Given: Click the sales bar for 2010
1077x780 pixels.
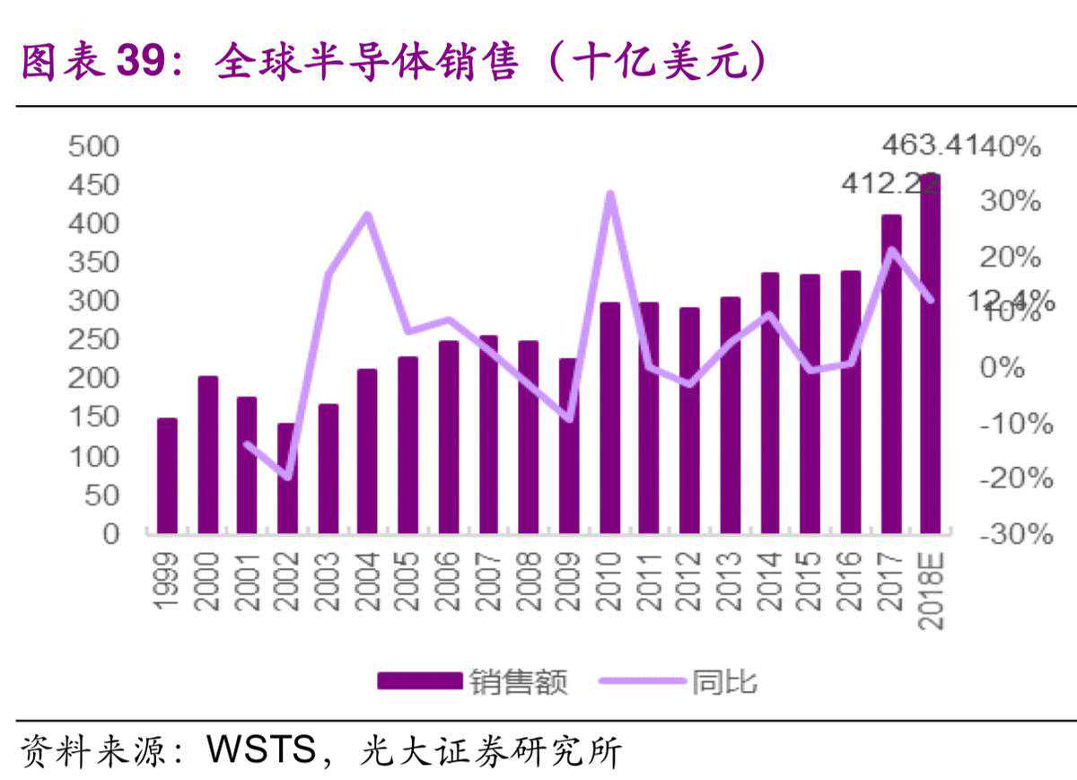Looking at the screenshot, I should pos(610,418).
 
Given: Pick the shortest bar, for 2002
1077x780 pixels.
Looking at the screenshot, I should pos(287,478).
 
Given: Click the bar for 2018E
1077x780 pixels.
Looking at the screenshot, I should pos(931,355).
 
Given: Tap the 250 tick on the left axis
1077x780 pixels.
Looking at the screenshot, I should pos(94,339).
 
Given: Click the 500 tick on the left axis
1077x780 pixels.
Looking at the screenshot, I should pos(94,146).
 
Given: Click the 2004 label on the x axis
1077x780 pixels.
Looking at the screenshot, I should pos(367,581).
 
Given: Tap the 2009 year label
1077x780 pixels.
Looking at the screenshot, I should pos(569,581).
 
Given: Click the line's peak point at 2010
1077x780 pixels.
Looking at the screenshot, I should pos(610,194).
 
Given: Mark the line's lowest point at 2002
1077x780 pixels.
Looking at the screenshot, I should pos(287,477).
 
